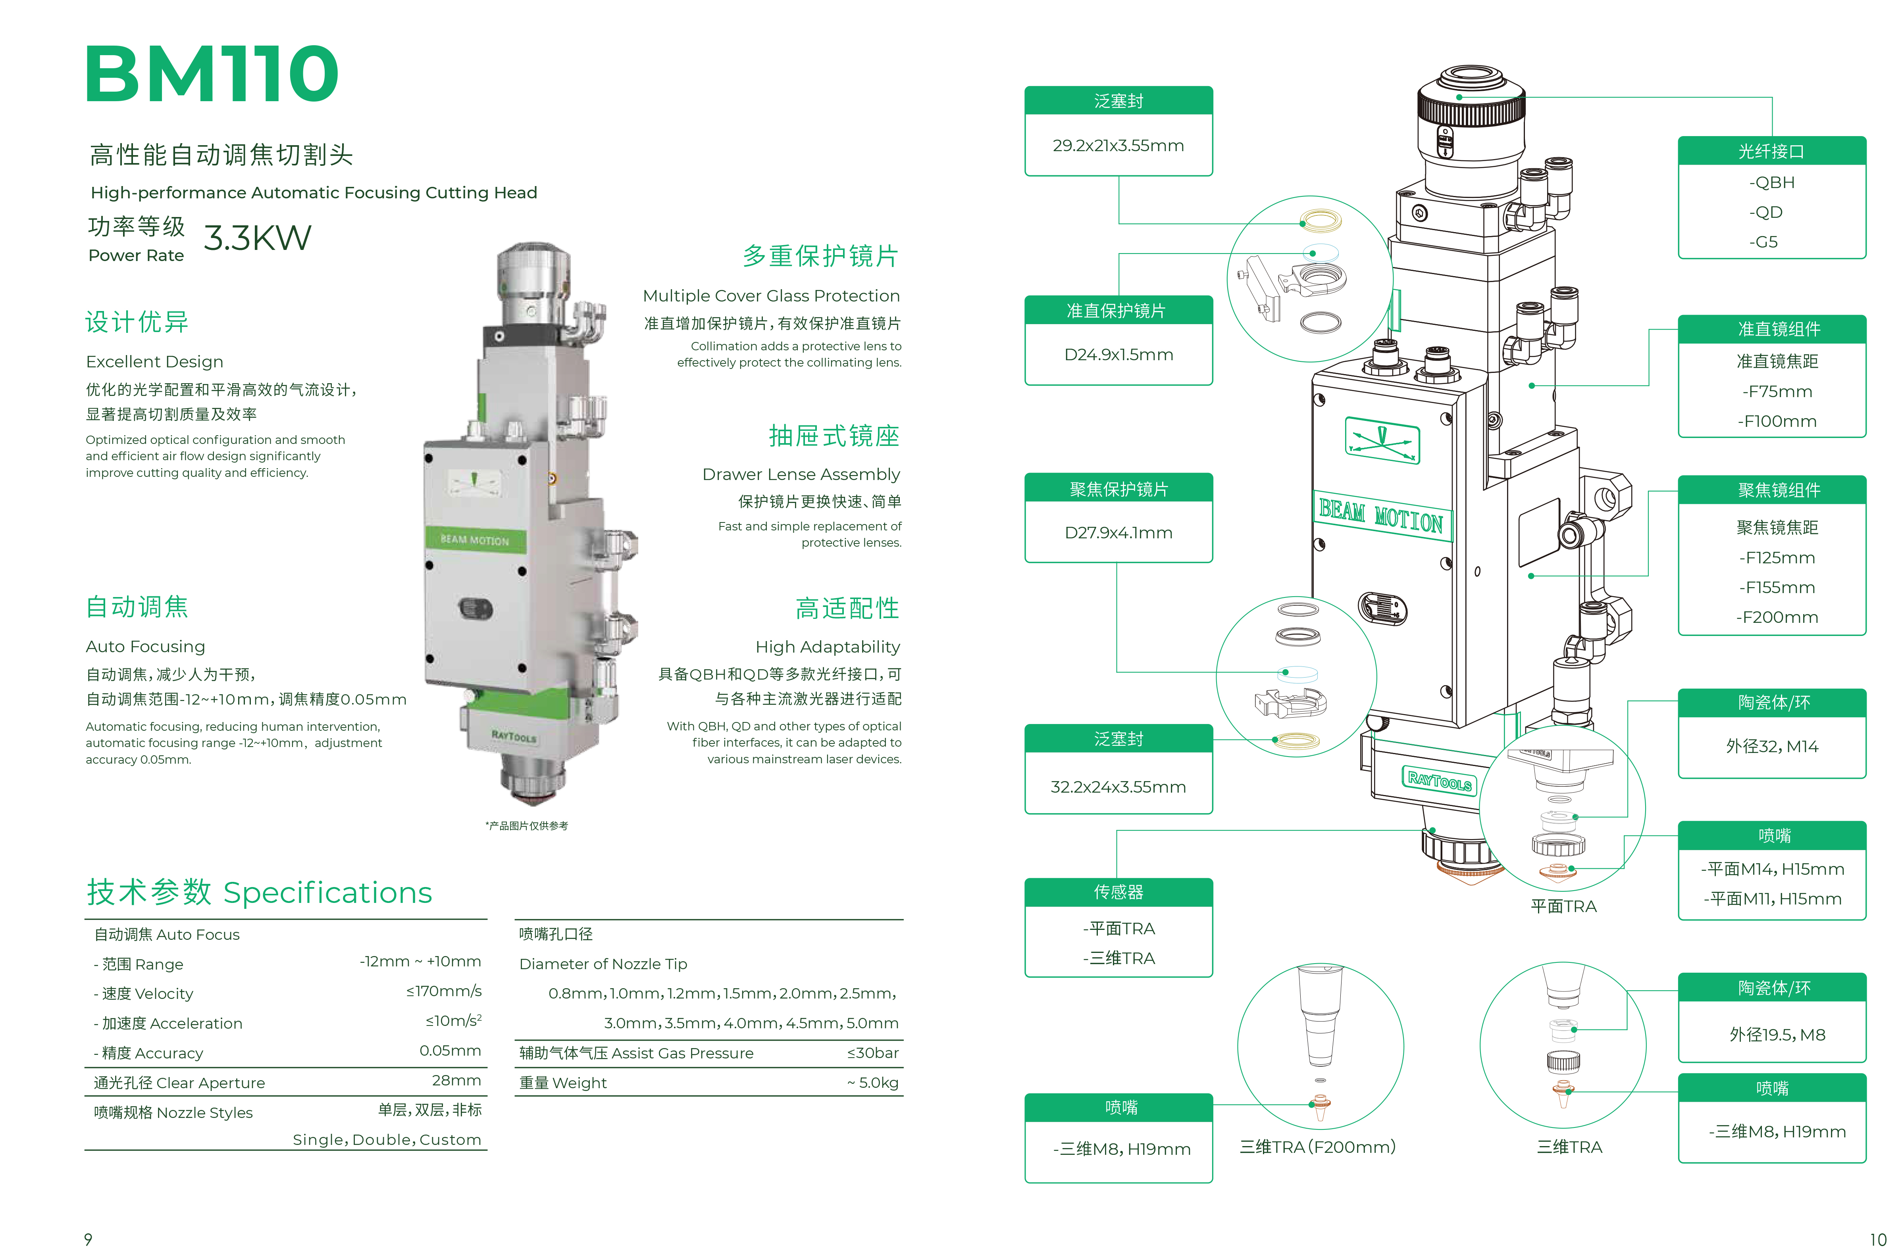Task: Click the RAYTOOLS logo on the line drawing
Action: tap(1439, 780)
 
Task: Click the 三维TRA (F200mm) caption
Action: tap(1318, 1147)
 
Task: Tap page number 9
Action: tap(88, 1239)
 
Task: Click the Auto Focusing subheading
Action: tap(145, 646)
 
